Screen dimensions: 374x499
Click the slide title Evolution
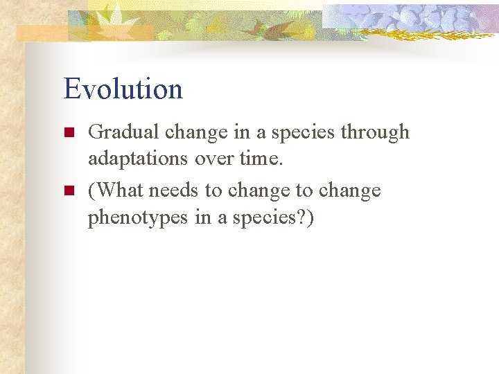tap(123, 89)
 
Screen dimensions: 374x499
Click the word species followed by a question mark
tap(273, 217)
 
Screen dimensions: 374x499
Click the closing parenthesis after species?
tap(309, 217)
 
